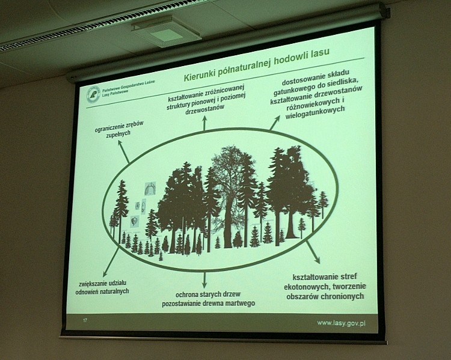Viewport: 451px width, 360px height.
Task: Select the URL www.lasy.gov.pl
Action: pyautogui.click(x=342, y=323)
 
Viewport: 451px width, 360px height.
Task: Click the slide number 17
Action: pyautogui.click(x=85, y=321)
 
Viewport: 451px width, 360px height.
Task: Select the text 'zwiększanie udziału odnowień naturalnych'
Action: pyautogui.click(x=104, y=287)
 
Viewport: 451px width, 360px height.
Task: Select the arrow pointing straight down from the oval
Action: pyautogui.click(x=204, y=279)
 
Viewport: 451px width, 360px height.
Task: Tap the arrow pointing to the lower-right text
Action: pyautogui.click(x=313, y=252)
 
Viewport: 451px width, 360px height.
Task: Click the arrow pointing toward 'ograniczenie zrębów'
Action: pyautogui.click(x=123, y=153)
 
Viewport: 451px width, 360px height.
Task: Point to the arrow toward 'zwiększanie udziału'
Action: pyautogui.click(x=111, y=258)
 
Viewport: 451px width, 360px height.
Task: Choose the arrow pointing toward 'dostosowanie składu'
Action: pyautogui.click(x=275, y=123)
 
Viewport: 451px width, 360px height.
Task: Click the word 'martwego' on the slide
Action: pyautogui.click(x=238, y=304)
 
